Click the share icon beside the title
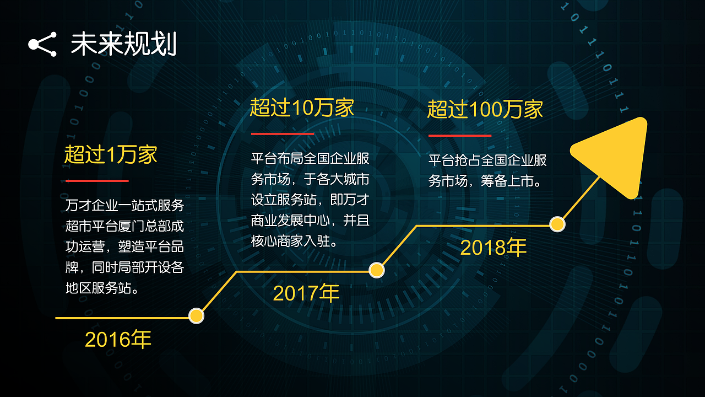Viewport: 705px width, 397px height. click(x=42, y=45)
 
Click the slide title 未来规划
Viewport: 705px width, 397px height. click(x=123, y=44)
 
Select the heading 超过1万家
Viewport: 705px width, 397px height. click(x=111, y=155)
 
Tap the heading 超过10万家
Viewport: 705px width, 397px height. click(x=302, y=108)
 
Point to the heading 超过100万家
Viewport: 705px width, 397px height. click(x=485, y=110)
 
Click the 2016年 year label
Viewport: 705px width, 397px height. click(x=118, y=340)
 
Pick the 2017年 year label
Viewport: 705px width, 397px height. click(x=306, y=293)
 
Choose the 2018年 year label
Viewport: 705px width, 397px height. click(x=493, y=248)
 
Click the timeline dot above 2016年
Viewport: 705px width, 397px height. click(x=197, y=316)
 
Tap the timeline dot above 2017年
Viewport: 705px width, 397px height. click(x=376, y=270)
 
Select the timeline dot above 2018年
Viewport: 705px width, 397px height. click(x=557, y=224)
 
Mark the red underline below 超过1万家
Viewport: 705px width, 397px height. click(x=97, y=180)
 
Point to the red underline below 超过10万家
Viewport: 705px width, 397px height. click(x=283, y=133)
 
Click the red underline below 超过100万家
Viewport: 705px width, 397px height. click(x=460, y=135)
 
